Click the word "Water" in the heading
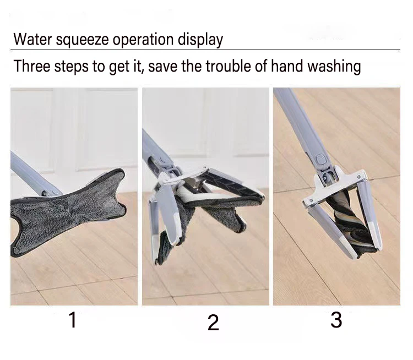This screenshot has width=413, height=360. (32, 39)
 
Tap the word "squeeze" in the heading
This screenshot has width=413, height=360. (82, 41)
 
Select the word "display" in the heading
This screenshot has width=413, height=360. (200, 40)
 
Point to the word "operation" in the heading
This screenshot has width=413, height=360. (143, 41)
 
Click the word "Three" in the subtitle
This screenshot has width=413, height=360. (32, 66)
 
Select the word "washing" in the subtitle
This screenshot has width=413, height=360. (334, 67)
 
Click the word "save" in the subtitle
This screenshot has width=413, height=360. (163, 67)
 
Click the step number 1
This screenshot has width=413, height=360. (73, 319)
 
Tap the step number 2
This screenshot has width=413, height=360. (213, 323)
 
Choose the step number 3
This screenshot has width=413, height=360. (336, 320)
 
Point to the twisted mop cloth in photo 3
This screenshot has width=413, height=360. (348, 222)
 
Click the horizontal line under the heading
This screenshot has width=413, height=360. (205, 49)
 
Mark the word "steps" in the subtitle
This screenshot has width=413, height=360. (71, 67)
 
